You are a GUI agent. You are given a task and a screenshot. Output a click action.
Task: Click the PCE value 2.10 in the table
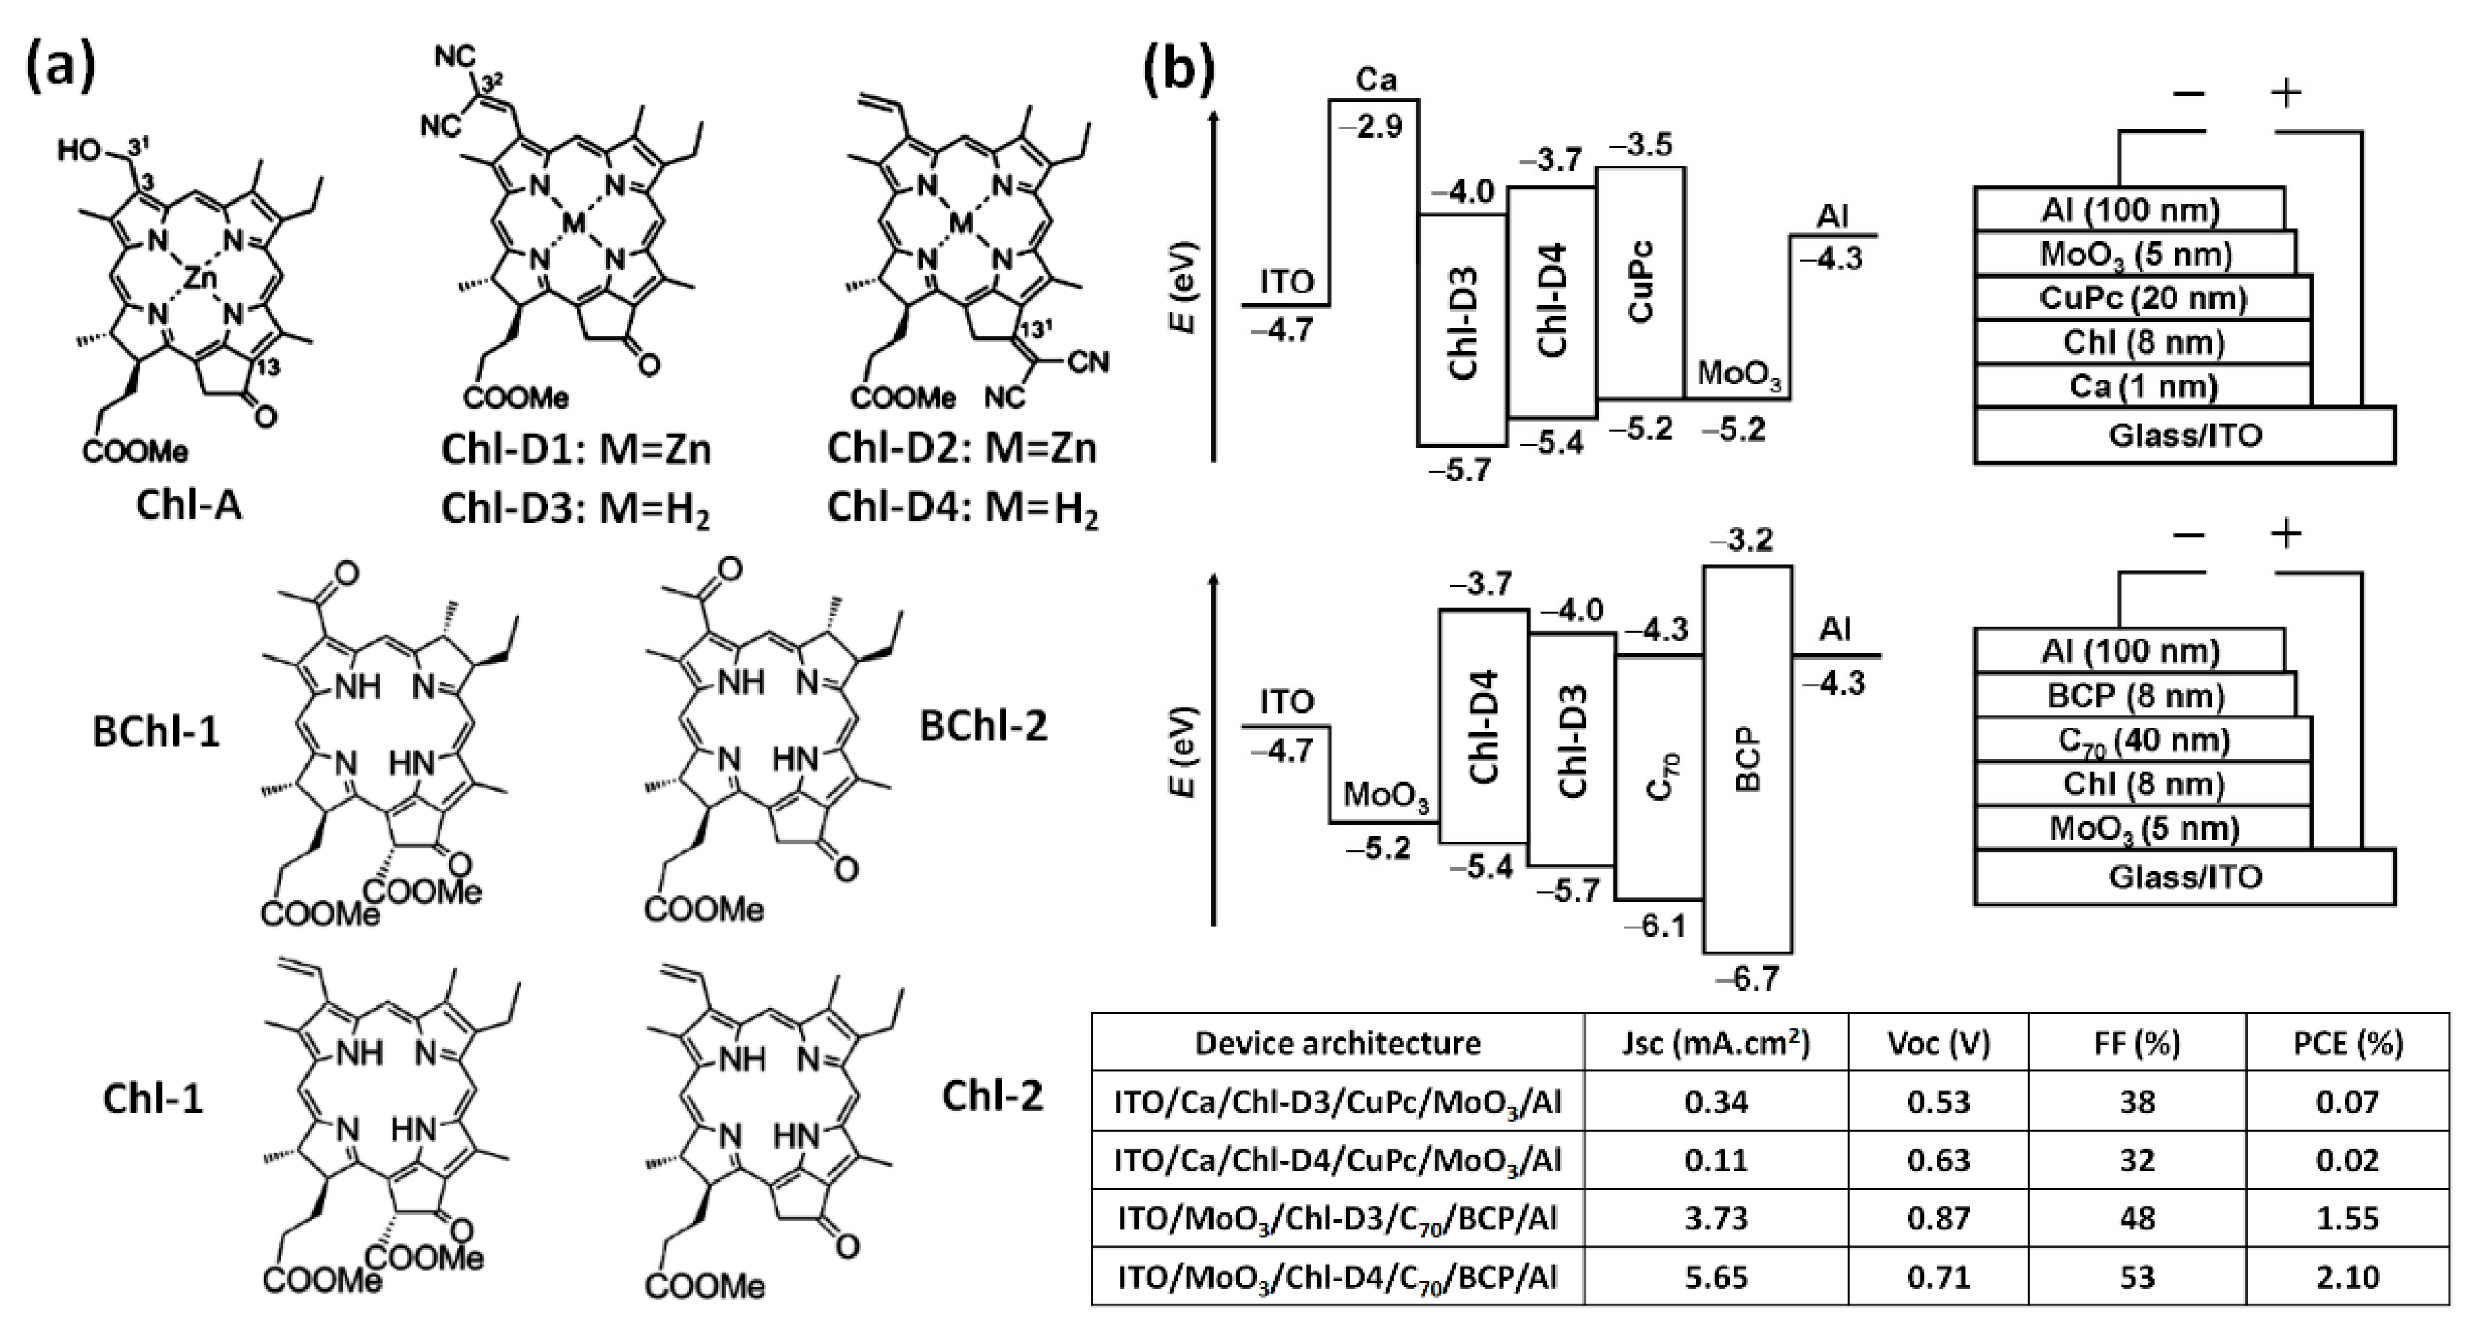coord(2347,1277)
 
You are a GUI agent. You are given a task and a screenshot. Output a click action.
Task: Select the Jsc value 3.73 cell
coord(1716,1219)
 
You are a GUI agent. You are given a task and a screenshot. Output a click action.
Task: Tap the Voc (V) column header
coord(1939,1043)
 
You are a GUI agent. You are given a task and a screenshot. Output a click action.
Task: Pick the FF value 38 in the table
coord(2137,1102)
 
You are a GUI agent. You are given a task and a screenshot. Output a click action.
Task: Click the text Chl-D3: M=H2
coord(576,510)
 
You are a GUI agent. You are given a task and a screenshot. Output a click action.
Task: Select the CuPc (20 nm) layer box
coord(2142,298)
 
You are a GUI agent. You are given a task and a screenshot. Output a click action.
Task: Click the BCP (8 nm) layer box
coord(2135,696)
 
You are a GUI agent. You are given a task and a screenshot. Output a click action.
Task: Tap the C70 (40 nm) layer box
coord(2142,740)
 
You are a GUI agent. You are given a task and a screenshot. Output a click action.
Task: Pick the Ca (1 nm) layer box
coord(2142,387)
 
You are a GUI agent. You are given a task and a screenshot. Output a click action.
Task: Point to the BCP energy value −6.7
coord(1747,979)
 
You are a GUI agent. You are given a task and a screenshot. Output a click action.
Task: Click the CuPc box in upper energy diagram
coord(1641,283)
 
